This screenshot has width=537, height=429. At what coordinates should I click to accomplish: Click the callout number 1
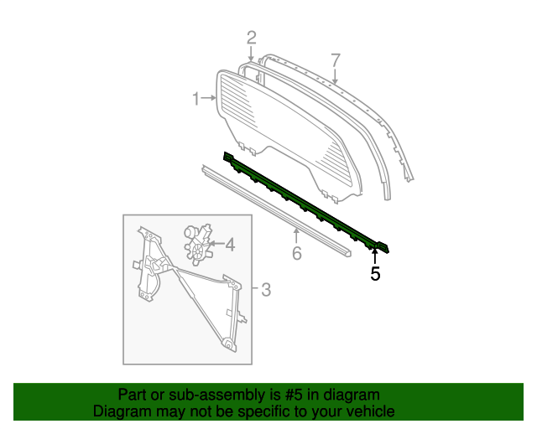[x=196, y=100]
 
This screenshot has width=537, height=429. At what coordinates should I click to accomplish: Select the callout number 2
[x=251, y=37]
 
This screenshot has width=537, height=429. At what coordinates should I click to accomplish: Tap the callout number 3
[x=265, y=290]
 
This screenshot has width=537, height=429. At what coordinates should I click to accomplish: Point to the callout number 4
[x=229, y=246]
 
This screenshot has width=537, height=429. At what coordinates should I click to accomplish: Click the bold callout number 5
[x=375, y=273]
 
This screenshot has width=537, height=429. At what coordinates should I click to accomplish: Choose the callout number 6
[x=296, y=253]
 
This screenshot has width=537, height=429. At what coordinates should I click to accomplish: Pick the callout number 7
[x=335, y=60]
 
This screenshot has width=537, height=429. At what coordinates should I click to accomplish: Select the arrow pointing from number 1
[x=210, y=100]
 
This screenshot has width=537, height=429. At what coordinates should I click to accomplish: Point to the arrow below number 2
[x=251, y=54]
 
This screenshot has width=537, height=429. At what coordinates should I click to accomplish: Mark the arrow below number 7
[x=335, y=78]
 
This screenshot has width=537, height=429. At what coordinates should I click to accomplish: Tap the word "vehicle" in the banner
[x=368, y=412]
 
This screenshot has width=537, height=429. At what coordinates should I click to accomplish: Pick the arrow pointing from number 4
[x=216, y=245]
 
